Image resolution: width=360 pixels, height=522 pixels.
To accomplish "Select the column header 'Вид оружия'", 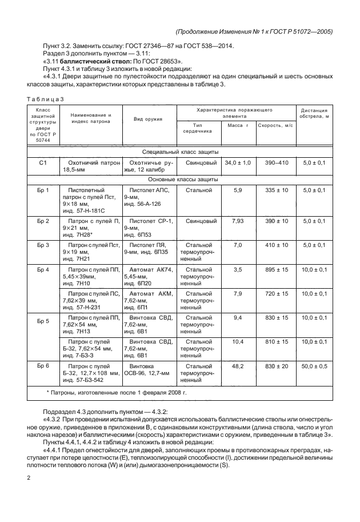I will coord(148,119).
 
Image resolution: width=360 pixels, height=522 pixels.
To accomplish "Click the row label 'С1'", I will coord(43,163).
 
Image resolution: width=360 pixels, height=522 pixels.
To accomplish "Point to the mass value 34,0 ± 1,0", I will coord(238,163).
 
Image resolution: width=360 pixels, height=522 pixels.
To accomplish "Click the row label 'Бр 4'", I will coord(43,269).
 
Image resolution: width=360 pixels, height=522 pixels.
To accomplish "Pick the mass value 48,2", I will coord(238,364).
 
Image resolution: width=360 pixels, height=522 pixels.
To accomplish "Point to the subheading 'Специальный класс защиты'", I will coord(180,152).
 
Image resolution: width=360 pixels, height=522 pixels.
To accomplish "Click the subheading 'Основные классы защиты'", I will coord(180,178).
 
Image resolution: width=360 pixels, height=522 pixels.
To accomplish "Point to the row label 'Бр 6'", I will coord(43,364).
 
